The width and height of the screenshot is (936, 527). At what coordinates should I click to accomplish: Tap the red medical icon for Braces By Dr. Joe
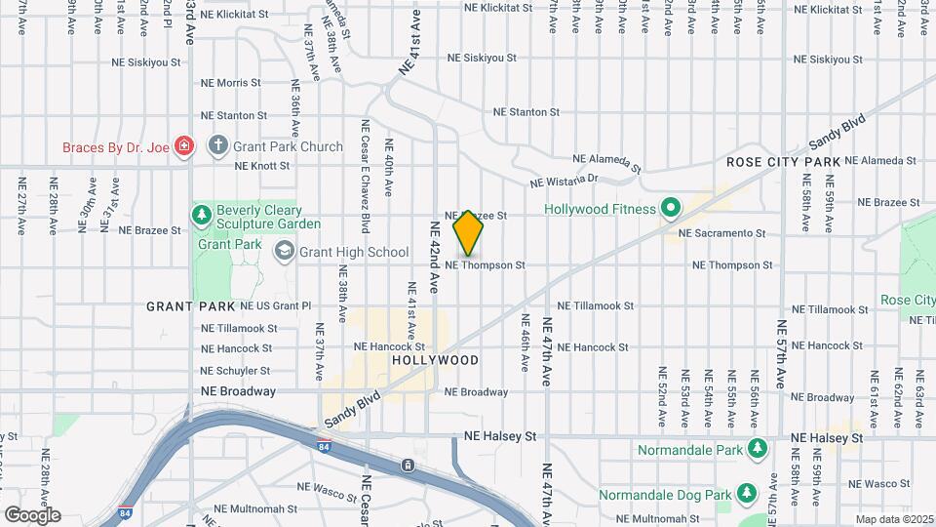click(184, 146)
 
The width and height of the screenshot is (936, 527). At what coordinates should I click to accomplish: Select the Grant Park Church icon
click(216, 146)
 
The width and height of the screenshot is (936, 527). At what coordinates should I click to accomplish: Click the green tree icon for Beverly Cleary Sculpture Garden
click(202, 215)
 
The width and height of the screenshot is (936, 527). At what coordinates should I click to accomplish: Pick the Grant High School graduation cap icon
click(284, 252)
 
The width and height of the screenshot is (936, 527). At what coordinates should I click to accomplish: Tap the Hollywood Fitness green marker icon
click(670, 208)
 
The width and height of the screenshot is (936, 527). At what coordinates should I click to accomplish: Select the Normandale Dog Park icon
click(747, 495)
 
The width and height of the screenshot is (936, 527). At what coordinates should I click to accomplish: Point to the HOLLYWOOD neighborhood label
click(435, 360)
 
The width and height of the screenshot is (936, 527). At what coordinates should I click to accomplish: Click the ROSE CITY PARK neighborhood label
click(783, 161)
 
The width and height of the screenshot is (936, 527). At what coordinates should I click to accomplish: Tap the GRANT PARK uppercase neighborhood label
click(191, 306)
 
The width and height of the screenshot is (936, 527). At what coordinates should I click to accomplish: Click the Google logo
click(32, 514)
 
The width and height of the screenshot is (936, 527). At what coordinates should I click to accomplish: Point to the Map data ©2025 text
click(893, 519)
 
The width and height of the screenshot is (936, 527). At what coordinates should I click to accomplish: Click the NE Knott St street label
click(262, 166)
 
